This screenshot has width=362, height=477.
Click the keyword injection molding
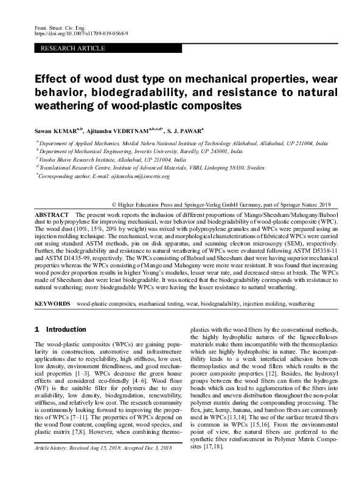(x=261, y=302)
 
